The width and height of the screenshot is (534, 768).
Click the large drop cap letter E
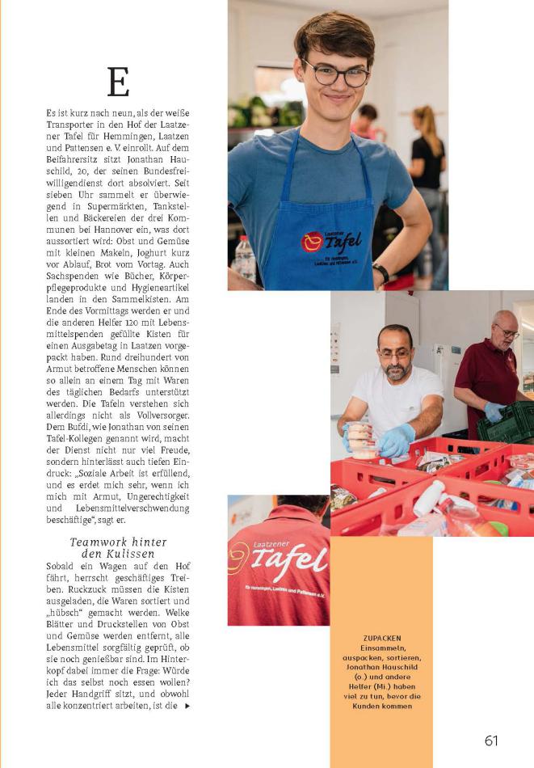pos(118,82)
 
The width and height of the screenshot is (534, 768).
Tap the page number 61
pos(491,741)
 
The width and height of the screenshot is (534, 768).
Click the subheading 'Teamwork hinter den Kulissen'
pos(118,548)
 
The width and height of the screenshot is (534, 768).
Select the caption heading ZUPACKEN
pos(381,639)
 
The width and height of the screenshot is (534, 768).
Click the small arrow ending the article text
pos(188,706)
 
